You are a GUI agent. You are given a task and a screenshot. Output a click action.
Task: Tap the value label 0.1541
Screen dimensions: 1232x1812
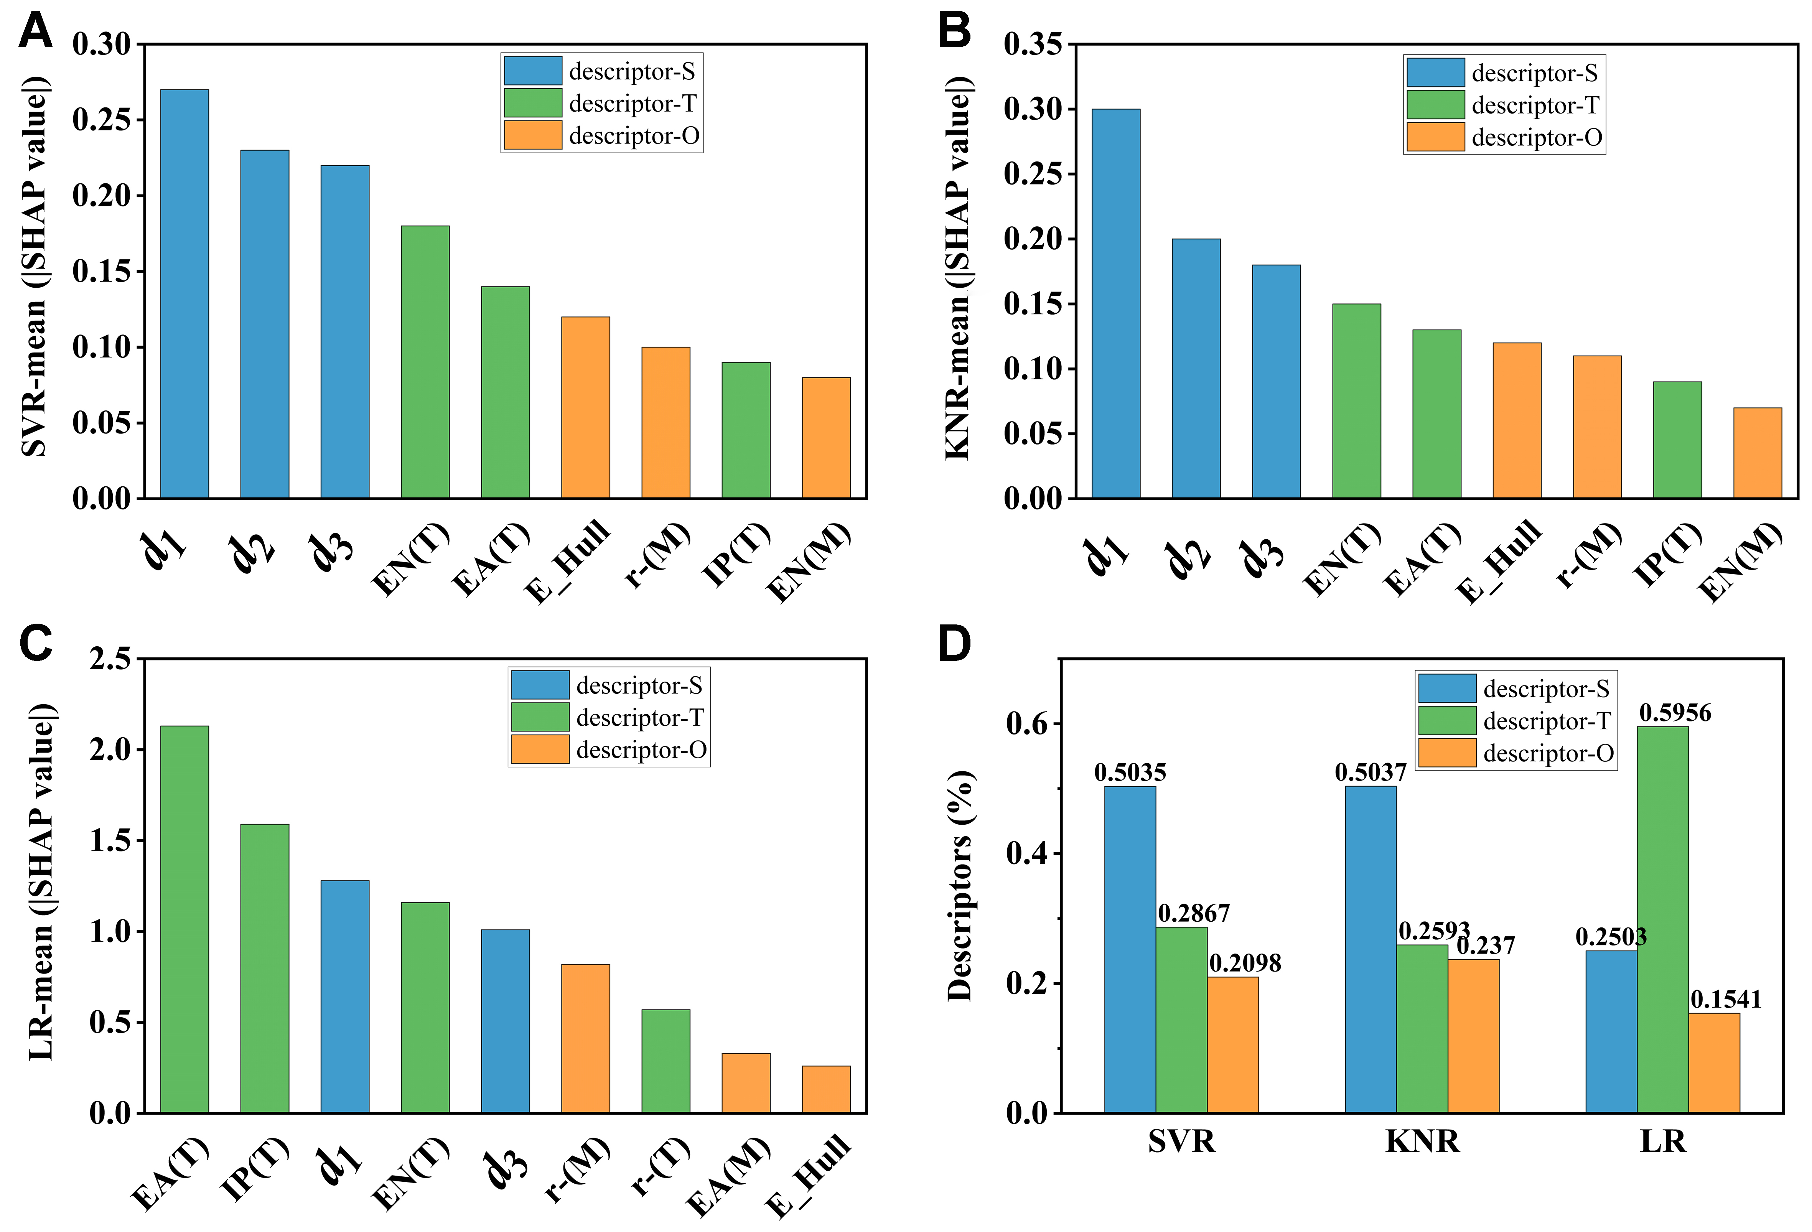coord(1725,999)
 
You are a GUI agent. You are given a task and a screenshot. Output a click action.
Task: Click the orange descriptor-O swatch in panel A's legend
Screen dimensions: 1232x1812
coord(532,135)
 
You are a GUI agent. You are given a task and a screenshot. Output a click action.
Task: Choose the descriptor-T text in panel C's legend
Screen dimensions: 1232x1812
coord(639,717)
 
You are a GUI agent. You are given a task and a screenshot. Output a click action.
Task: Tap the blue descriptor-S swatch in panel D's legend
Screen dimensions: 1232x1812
coord(1446,688)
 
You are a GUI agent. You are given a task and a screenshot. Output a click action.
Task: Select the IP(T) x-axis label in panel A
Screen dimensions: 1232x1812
coord(736,555)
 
